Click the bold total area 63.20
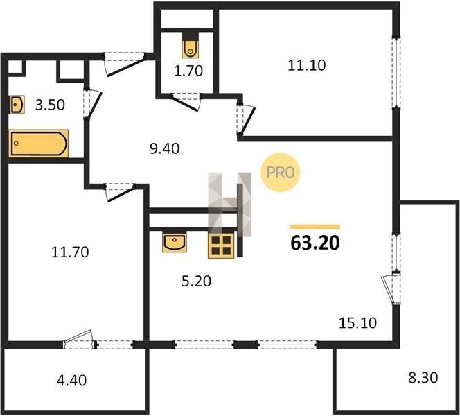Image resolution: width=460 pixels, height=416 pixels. [x=315, y=243]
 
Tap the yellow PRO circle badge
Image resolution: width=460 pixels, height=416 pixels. [x=280, y=173]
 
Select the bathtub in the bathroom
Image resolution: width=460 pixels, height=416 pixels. [x=38, y=144]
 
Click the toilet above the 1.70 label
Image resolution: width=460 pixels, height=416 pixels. [x=191, y=49]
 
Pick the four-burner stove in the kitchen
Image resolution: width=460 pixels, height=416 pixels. [x=221, y=245]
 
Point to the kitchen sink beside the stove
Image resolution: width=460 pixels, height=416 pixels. [x=175, y=242]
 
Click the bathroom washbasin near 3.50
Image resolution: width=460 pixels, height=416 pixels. [x=17, y=105]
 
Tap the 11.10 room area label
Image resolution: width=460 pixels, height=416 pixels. [x=307, y=65]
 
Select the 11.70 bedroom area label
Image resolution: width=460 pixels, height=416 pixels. [x=70, y=252]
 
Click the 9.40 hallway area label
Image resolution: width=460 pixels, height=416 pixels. [x=165, y=148]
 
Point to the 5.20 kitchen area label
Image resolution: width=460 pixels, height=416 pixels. [x=196, y=281]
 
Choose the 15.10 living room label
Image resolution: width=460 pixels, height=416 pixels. [x=357, y=322]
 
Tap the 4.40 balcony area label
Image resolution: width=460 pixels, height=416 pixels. [x=71, y=381]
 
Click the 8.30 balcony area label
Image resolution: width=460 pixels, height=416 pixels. [x=423, y=378]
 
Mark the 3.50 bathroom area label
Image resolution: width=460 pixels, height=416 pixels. [x=50, y=105]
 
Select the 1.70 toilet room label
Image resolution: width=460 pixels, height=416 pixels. [x=188, y=71]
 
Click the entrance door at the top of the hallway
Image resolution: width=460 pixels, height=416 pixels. [x=125, y=63]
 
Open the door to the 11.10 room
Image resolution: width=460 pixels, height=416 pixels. [x=246, y=119]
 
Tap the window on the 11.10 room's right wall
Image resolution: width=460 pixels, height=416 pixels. [x=396, y=73]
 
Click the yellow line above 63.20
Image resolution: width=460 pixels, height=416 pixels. [x=315, y=227]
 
